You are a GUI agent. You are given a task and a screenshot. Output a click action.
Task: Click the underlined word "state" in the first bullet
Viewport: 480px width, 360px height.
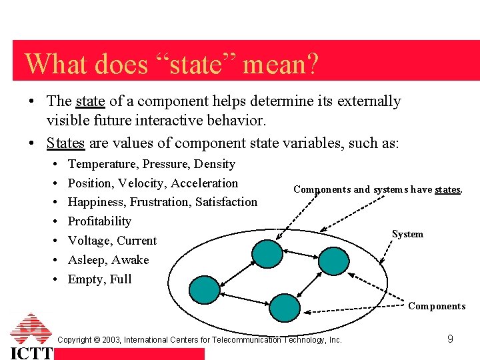coord(91,101)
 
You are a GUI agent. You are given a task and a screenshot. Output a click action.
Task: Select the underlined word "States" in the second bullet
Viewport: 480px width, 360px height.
coord(65,143)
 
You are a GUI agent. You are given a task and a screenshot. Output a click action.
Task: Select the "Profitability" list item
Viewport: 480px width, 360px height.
coord(99,221)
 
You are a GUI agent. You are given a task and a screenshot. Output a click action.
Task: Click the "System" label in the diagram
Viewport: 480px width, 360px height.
coord(407,234)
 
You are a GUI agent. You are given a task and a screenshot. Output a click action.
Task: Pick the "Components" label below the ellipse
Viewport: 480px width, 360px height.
coord(437,306)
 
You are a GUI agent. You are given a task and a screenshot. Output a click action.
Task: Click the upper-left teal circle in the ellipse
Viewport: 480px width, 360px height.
coord(265,253)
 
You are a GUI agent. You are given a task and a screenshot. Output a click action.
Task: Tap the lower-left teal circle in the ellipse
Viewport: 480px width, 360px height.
coord(204,289)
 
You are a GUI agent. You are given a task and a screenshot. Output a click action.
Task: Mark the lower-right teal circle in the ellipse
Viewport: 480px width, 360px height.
coord(284,307)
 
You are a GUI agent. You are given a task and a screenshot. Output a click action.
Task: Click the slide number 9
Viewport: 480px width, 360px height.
coord(450,339)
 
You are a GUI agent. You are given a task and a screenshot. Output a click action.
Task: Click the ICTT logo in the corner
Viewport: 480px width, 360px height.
coord(31,337)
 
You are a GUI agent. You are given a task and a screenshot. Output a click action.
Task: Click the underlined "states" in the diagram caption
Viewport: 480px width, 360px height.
coord(447,189)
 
